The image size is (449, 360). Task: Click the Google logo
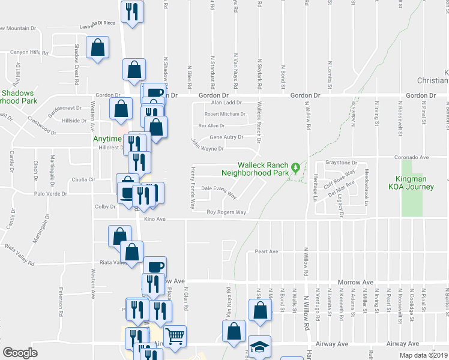20,353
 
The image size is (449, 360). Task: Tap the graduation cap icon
259,346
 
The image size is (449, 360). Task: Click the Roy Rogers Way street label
226,212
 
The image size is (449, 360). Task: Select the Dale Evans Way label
218,191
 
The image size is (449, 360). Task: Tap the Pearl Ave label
267,251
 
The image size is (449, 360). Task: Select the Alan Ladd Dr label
226,103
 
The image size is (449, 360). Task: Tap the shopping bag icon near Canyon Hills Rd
97,47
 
